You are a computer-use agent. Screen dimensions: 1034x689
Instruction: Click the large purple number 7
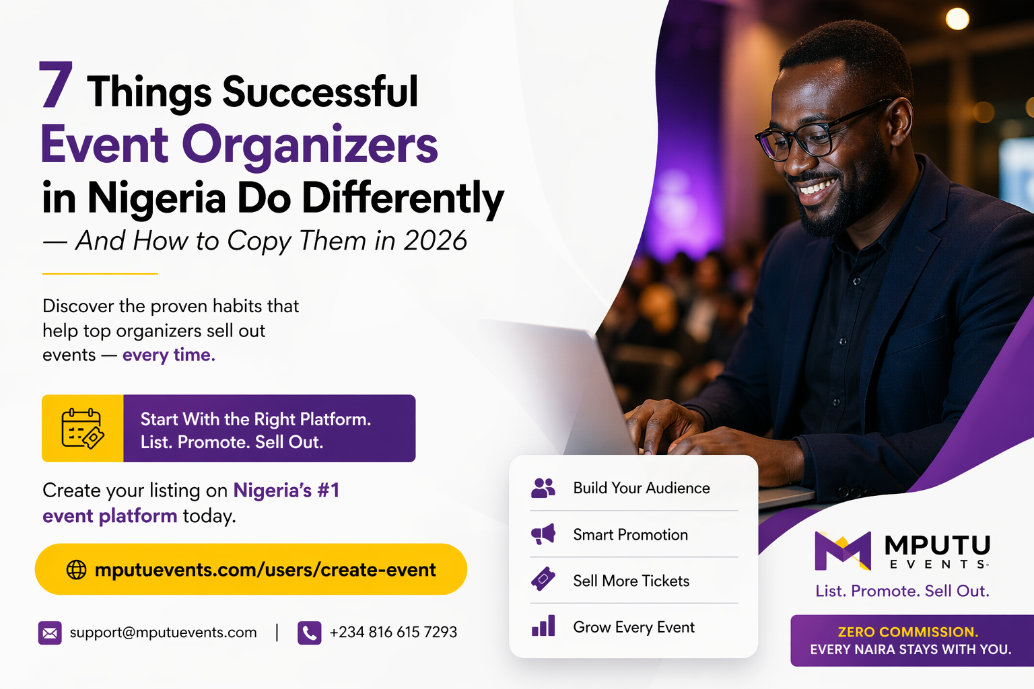(x=56, y=85)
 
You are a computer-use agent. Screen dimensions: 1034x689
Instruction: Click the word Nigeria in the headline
(x=157, y=198)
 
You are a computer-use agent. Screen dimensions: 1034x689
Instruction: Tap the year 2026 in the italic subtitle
(x=436, y=240)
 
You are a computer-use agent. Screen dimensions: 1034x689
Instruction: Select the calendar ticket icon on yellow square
(x=83, y=428)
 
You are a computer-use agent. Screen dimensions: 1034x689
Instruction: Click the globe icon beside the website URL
(x=77, y=569)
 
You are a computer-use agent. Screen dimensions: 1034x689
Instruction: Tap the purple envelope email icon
(x=50, y=632)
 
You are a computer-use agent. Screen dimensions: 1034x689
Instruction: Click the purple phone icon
(x=309, y=632)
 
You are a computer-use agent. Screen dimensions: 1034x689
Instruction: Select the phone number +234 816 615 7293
(x=393, y=632)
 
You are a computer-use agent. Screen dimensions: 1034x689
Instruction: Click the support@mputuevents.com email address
(x=164, y=632)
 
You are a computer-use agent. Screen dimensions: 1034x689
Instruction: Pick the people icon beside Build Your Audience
(x=543, y=488)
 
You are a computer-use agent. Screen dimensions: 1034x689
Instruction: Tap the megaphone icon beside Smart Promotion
(x=543, y=534)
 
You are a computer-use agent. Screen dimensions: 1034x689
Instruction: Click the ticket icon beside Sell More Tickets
(x=543, y=579)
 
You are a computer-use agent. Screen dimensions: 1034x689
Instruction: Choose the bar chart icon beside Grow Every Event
(x=543, y=626)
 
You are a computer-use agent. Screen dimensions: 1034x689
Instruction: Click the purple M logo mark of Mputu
(x=843, y=550)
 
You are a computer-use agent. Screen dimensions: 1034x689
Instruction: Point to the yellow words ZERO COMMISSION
(x=908, y=632)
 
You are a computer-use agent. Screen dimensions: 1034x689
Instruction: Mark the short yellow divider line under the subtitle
(x=100, y=274)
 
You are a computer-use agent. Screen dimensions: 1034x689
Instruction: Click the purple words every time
(x=169, y=355)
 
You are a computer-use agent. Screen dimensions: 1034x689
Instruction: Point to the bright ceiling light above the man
(x=957, y=19)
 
